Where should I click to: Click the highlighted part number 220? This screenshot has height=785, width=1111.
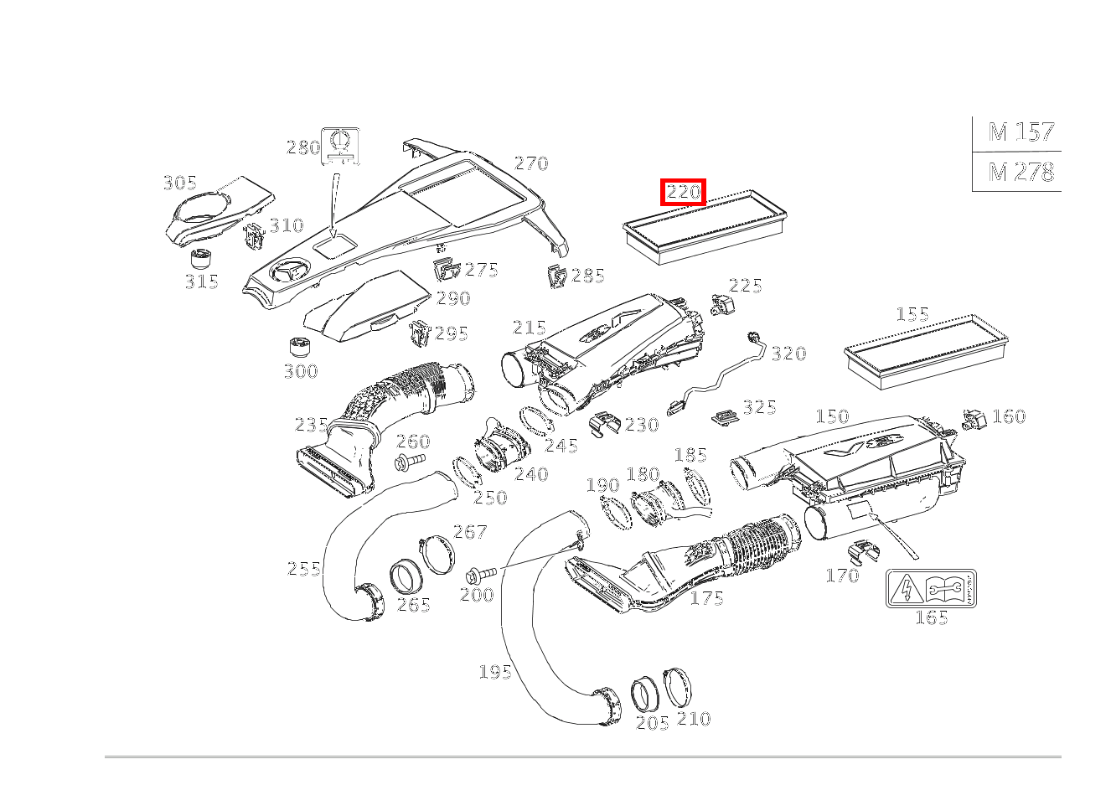[683, 192]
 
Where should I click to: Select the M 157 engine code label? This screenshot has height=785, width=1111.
[1021, 132]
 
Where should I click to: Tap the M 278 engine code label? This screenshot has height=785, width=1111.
[1021, 172]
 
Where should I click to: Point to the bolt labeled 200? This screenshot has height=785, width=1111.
[480, 574]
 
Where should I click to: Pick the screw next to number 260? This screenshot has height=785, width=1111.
[411, 462]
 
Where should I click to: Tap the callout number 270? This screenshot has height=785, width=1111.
[530, 163]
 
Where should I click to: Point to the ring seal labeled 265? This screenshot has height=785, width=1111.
[406, 579]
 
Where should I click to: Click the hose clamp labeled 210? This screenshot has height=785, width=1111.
[680, 688]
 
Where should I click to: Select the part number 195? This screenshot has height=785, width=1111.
[495, 671]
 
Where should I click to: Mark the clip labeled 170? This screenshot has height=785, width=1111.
[862, 551]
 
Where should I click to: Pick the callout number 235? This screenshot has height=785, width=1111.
[311, 425]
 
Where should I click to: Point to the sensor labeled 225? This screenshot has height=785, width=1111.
[722, 302]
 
